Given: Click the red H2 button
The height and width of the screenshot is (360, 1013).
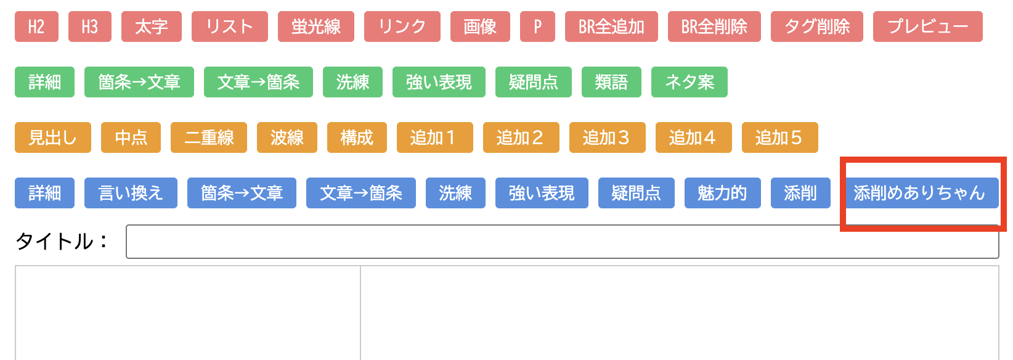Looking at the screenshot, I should coord(36,27).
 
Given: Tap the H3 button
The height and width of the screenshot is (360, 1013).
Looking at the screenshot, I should coord(89,27).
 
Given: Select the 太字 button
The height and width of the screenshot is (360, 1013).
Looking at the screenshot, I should coord(151,27).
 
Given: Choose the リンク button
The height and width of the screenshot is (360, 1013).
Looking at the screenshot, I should coord(402,27).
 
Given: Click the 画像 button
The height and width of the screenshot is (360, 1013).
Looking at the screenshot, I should coord(480,27).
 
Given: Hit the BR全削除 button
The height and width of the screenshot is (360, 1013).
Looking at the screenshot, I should coord(714,27).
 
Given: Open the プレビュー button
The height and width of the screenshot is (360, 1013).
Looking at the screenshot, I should coord(927,27).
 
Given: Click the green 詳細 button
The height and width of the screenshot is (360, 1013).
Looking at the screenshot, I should coord(44,82).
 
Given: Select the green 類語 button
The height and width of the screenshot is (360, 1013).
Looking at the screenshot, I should coord(611,82).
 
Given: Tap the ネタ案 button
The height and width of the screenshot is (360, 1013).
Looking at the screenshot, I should coord(689,82).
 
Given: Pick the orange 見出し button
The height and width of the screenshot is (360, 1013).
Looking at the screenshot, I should coord(52,137).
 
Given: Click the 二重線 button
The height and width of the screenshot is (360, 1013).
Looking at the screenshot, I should coord(208,137).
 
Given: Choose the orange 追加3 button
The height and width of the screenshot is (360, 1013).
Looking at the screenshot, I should coord(607,137).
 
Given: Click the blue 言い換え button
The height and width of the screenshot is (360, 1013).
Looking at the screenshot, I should coord(131,193).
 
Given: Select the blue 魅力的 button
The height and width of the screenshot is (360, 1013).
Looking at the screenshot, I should coord(722,193).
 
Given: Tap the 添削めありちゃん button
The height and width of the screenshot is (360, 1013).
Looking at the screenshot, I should coord(919,193).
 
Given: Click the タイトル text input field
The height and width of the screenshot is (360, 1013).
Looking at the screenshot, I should coord(562,242).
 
